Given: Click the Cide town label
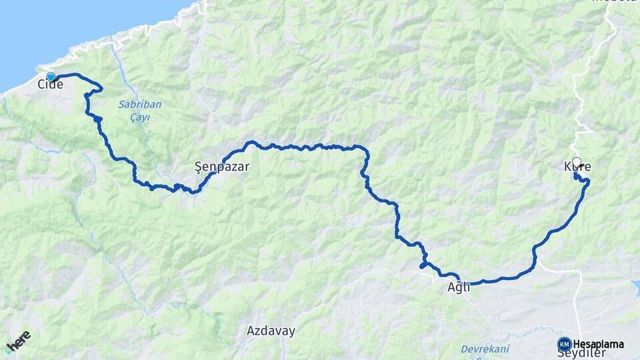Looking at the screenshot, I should click(51, 85).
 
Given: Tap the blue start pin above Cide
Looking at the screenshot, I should click(51, 77).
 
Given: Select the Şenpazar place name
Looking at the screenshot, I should click(221, 167).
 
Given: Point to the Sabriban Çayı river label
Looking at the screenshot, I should click(139, 111).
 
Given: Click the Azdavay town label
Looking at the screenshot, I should click(271, 331).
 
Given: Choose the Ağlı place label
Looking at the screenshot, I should click(459, 287).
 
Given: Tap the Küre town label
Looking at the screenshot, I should click(577, 167).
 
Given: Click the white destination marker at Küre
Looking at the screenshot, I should click(577, 161).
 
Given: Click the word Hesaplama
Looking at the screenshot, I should click(599, 344).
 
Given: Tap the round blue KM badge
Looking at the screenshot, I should click(564, 344).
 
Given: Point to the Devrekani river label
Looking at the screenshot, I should click(485, 349).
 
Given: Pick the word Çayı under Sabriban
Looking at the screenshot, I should click(139, 117).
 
